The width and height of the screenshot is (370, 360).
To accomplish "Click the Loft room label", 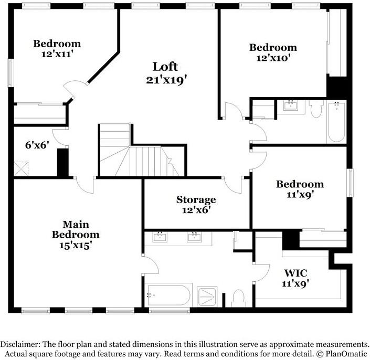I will coord(165,67).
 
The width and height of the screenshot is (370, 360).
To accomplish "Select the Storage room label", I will coord(196,199).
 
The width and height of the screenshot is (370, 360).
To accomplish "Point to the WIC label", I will coord(295,273).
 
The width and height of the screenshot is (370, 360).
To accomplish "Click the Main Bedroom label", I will coord(76,229).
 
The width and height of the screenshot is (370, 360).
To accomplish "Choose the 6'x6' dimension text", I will coord(37,144).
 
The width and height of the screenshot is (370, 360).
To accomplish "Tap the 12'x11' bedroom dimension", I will coord(57,54).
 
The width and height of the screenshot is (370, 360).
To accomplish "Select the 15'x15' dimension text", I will coord(76,245).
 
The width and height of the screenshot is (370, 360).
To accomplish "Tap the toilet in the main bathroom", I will coord(239,298).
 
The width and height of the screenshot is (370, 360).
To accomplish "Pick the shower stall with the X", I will coord(210,297).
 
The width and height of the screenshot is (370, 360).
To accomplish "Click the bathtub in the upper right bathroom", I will coord(336,122).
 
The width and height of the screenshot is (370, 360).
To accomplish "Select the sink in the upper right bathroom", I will coord(290,106).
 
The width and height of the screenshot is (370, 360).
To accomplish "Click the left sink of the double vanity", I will coord(161,237).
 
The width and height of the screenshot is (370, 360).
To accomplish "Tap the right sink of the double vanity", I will coord(195,237).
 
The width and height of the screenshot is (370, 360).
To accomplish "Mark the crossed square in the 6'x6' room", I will coord(22,169).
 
